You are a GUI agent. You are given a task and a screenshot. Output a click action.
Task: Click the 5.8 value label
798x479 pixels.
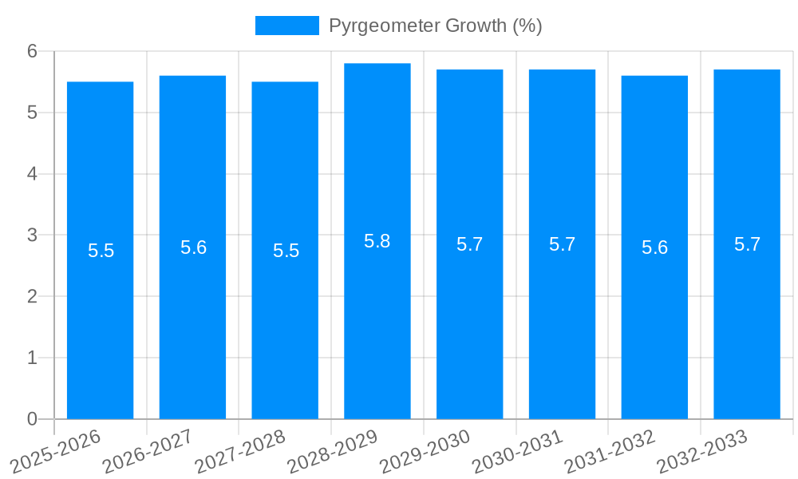pos(377,241)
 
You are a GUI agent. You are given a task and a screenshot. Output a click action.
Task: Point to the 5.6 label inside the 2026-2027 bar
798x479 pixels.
pos(193,247)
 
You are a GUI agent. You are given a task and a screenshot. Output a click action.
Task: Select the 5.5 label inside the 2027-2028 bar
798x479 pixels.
pos(286,251)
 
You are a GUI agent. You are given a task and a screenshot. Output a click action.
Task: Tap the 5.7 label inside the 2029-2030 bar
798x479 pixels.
pos(469,244)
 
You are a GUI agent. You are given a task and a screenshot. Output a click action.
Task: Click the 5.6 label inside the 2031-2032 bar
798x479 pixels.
pos(654,247)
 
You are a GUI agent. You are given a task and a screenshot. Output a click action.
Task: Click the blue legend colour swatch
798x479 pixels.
pos(286,26)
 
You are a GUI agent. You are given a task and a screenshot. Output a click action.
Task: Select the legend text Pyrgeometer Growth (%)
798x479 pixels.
pos(435,26)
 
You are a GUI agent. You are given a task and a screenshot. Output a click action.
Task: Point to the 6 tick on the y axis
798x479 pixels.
pos(33,51)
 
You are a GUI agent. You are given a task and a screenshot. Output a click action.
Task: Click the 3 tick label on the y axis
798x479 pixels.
pos(33,236)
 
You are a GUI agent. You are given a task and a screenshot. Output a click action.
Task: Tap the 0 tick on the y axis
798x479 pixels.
pos(33,419)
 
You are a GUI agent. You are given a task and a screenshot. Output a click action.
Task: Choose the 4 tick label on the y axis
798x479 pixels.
pos(33,174)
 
